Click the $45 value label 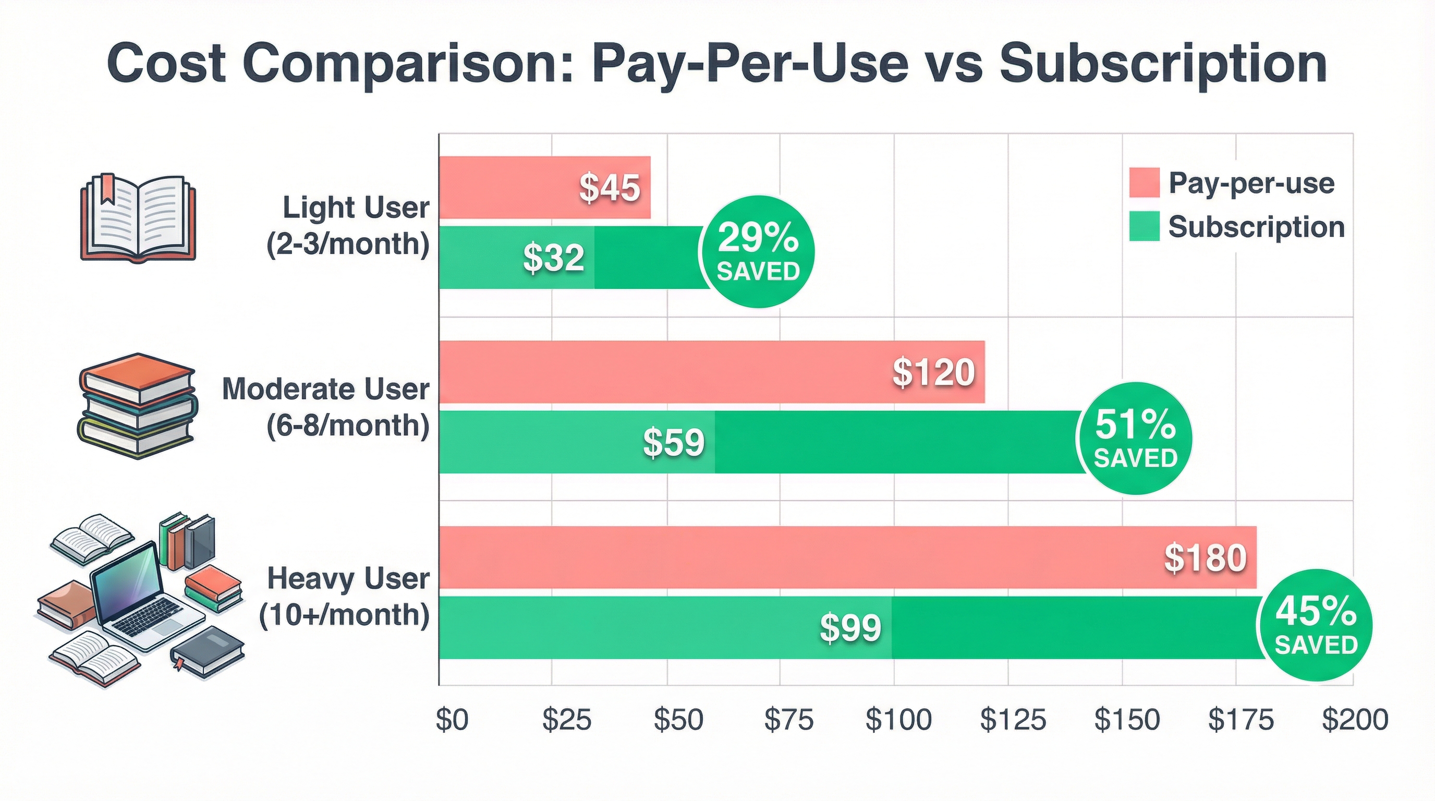coord(610,188)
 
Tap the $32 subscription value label coord(554,259)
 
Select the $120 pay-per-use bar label coord(934,372)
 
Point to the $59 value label coord(674,443)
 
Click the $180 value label coord(1206,557)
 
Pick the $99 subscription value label coord(850,628)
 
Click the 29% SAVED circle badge coord(758,252)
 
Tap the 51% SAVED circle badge coord(1135,439)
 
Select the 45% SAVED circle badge coord(1316,625)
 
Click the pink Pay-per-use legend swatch coord(1144,183)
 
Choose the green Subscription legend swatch coord(1144,227)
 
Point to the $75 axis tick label coord(788,720)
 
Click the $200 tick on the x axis coord(1355,720)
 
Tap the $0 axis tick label coord(451,720)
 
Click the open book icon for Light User coord(138,219)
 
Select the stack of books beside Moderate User coord(137,405)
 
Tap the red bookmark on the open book coord(106,188)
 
